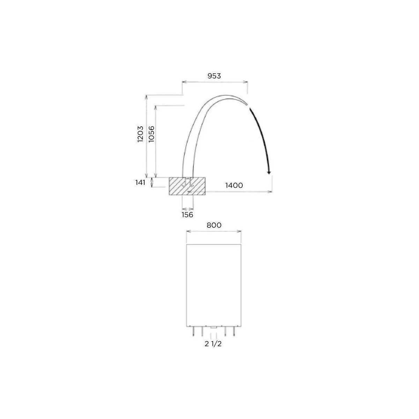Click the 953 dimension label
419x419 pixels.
coord(214,76)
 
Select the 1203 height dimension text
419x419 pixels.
coord(140,134)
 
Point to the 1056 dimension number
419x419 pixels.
coord(151,134)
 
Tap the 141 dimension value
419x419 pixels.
coord(140,182)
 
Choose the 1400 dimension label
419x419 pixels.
coord(234,185)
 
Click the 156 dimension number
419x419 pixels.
coord(187,215)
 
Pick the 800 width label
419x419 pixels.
coord(214,225)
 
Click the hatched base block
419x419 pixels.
coord(187,186)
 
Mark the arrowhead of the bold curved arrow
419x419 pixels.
coord(269,172)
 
